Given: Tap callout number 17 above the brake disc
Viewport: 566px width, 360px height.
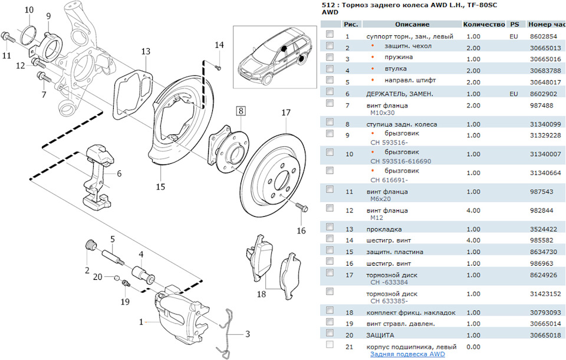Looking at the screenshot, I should pyautogui.click(x=286, y=113).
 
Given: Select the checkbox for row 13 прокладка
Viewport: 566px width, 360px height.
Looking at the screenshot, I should pyautogui.click(x=330, y=229).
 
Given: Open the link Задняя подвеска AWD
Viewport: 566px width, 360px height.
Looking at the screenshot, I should pyautogui.click(x=407, y=354).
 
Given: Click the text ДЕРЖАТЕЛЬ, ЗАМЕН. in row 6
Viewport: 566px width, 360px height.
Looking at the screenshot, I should pyautogui.click(x=400, y=94).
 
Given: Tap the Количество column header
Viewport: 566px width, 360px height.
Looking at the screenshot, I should pyautogui.click(x=484, y=25).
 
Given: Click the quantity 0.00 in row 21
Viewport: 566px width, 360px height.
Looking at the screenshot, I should pyautogui.click(x=473, y=346).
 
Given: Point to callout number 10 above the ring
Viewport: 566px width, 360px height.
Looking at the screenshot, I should pyautogui.click(x=29, y=11).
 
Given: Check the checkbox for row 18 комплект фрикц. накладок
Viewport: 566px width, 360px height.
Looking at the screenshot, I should pyautogui.click(x=330, y=312).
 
